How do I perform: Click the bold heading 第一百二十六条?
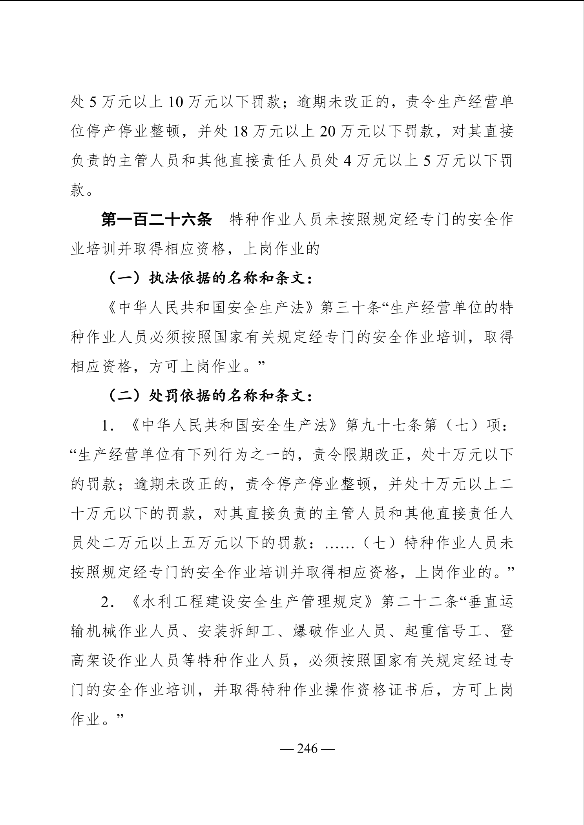pos(157,220)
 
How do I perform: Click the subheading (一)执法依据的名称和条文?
pos(210,278)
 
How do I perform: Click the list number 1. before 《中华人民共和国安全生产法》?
pos(107,426)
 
